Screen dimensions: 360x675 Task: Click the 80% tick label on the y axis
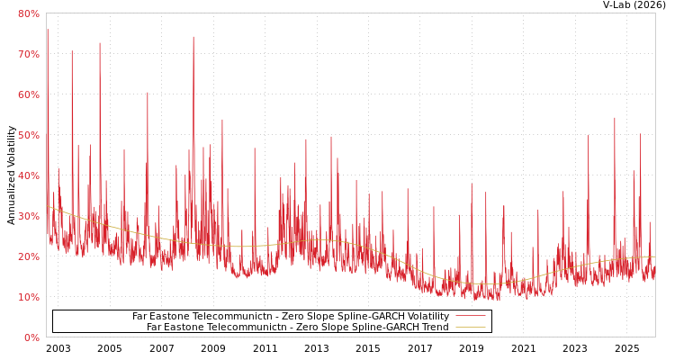pos(29,13)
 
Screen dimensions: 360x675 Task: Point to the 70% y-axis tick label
pos(29,54)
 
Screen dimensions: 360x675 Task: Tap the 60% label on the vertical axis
pos(29,94)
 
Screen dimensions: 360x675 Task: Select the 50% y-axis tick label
pos(29,135)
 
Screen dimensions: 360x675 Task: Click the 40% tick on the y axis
pos(29,175)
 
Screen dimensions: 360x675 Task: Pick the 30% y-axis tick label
pos(29,216)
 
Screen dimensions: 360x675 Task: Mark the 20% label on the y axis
pos(29,256)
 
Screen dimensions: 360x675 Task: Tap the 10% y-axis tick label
pos(29,297)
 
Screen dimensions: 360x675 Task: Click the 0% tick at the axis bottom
pos(31,337)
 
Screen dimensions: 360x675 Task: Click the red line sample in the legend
pos(471,317)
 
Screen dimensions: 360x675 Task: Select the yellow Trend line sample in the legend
pos(471,328)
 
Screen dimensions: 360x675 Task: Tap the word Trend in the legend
pos(435,328)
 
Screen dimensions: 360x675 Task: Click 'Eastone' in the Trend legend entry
pos(187,328)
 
